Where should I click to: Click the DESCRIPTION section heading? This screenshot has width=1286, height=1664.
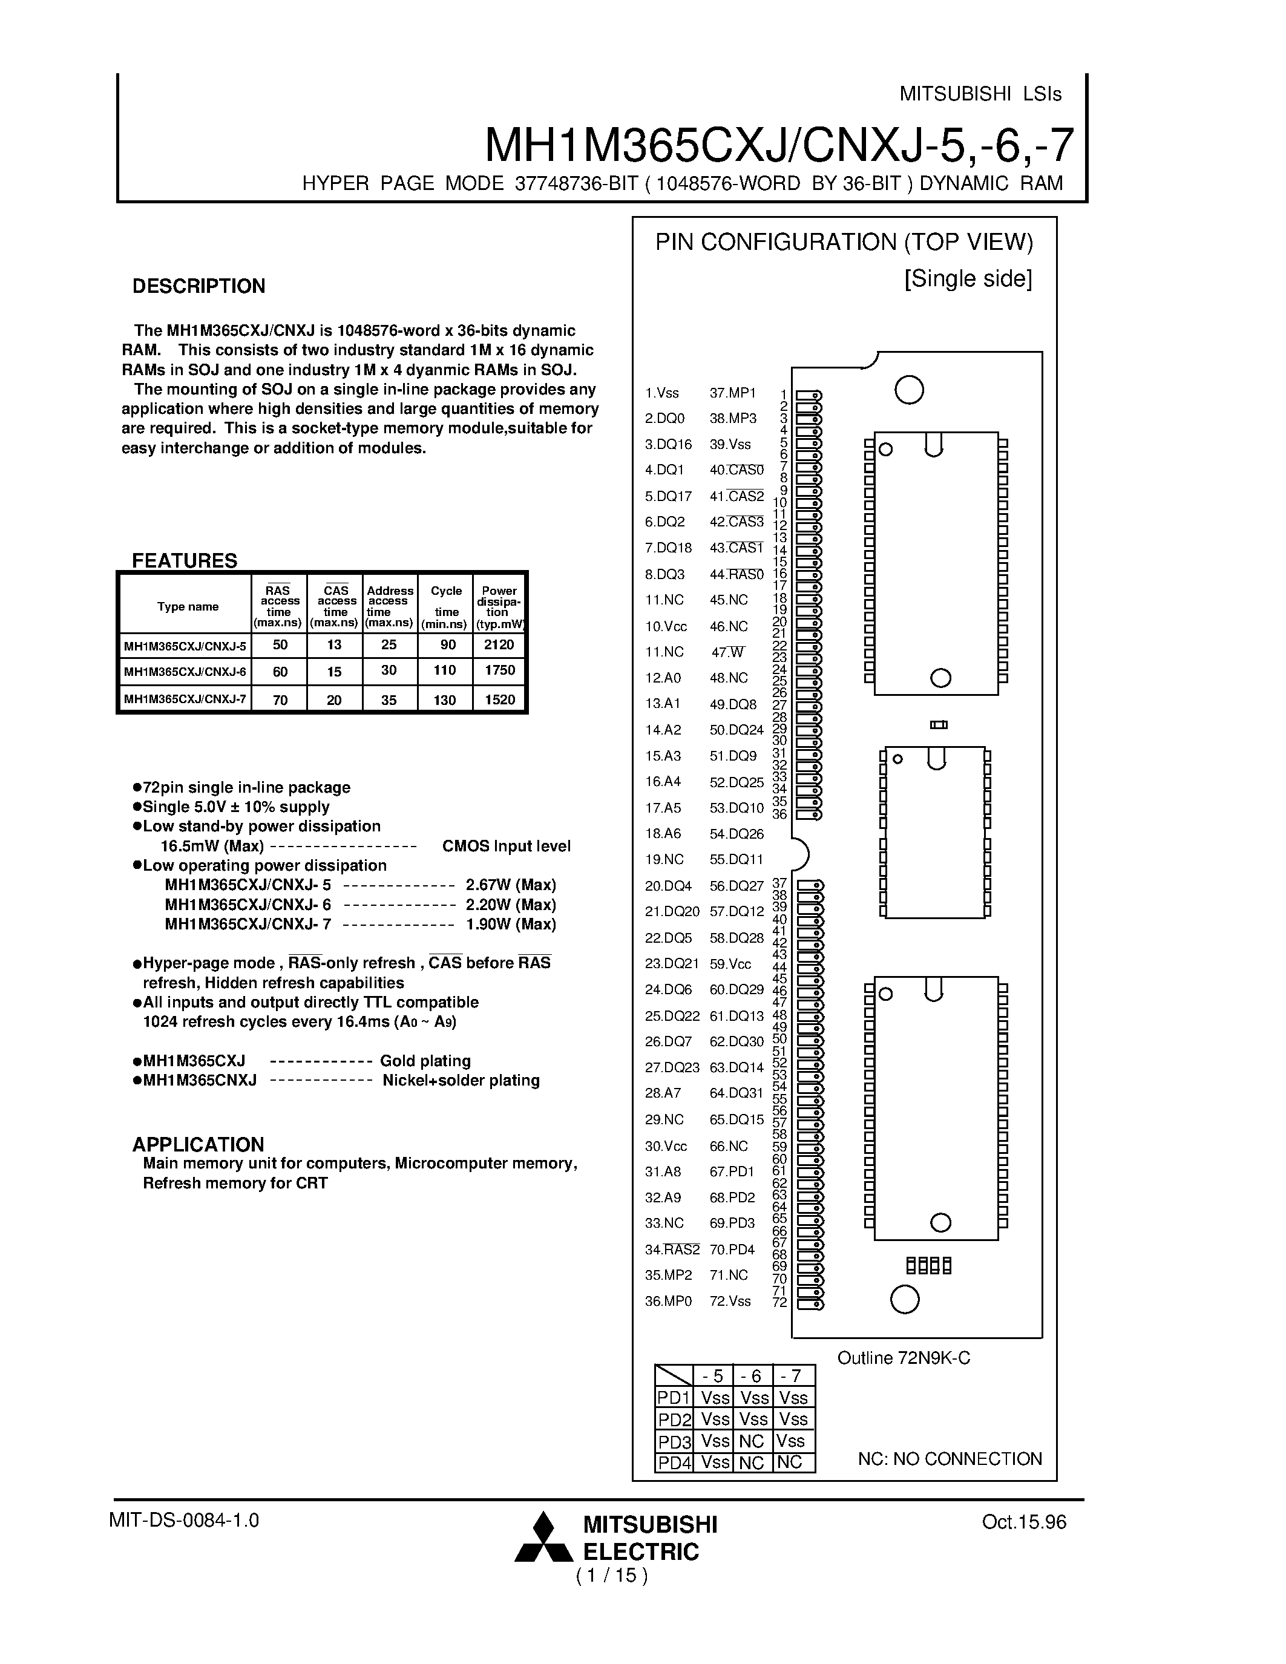tap(199, 286)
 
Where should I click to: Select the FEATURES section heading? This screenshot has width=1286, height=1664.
tap(185, 561)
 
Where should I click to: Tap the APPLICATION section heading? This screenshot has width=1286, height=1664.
tap(198, 1144)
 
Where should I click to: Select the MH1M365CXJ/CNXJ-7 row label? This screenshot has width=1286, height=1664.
tap(185, 699)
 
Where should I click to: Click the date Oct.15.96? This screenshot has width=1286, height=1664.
tap(1024, 1522)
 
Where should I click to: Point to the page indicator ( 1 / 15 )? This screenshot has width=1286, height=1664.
tap(612, 1575)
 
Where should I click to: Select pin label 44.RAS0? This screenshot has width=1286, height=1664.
tap(736, 574)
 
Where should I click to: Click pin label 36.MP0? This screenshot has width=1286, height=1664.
tap(668, 1302)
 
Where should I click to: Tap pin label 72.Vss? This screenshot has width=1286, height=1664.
tap(730, 1302)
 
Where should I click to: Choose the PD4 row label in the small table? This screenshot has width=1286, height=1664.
tap(674, 1463)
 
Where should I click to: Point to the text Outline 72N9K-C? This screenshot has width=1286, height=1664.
tap(904, 1358)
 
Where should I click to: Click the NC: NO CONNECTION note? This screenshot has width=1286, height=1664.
tap(950, 1459)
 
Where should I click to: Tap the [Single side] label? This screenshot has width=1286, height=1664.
tap(968, 279)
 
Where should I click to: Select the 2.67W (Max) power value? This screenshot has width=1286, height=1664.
tap(510, 885)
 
